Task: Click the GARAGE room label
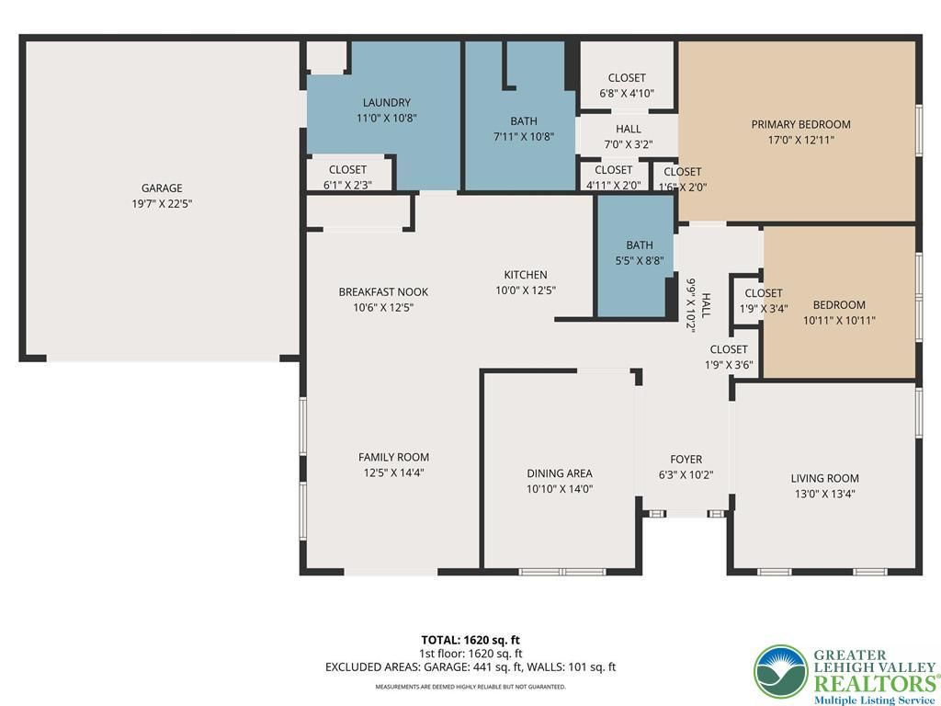(x=162, y=188)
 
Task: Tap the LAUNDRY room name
(x=387, y=103)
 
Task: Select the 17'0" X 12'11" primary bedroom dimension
(x=800, y=140)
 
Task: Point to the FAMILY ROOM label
(x=393, y=457)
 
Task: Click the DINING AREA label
(x=560, y=473)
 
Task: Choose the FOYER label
(x=686, y=460)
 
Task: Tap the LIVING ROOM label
(x=824, y=478)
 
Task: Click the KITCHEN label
(x=525, y=275)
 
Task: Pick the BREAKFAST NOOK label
(x=383, y=291)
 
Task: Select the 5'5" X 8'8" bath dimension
(x=640, y=260)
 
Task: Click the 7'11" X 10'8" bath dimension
(x=523, y=136)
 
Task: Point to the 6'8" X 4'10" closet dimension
(x=627, y=93)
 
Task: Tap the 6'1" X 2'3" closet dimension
(x=347, y=185)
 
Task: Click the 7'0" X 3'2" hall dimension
(x=628, y=144)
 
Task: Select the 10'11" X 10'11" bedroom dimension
(x=839, y=320)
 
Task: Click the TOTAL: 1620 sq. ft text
(x=470, y=640)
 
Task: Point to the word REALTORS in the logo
(x=875, y=683)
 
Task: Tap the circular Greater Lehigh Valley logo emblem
(x=781, y=672)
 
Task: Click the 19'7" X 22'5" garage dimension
(x=162, y=203)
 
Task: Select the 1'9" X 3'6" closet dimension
(x=729, y=364)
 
